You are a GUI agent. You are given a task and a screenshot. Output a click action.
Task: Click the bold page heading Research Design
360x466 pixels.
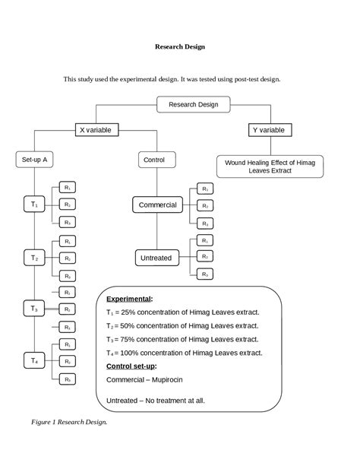pyautogui.click(x=179, y=46)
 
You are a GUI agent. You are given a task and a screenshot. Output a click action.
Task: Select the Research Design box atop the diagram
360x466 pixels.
pyautogui.click(x=193, y=104)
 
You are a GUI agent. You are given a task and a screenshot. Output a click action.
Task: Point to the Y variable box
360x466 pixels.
pyautogui.click(x=269, y=130)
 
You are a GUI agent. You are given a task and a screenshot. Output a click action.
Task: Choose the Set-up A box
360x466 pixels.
pyautogui.click(x=35, y=160)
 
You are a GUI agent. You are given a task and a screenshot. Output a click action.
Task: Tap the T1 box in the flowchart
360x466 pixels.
pyautogui.click(x=35, y=204)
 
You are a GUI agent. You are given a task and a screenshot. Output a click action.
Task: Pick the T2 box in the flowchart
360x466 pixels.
pyautogui.click(x=35, y=258)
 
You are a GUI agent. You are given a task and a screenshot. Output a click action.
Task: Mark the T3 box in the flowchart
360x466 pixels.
pyautogui.click(x=35, y=309)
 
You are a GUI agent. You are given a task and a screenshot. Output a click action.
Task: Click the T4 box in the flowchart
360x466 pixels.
pyautogui.click(x=35, y=360)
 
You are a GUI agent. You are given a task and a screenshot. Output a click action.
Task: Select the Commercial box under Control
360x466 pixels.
pyautogui.click(x=157, y=204)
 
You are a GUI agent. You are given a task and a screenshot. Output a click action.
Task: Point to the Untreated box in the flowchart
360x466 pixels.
pyautogui.click(x=156, y=258)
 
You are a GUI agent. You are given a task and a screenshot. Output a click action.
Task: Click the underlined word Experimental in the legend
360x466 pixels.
pyautogui.click(x=129, y=299)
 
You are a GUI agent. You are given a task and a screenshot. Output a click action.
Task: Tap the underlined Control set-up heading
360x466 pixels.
pyautogui.click(x=137, y=366)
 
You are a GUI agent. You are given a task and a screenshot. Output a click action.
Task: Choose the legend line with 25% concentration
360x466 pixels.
pyautogui.click(x=182, y=312)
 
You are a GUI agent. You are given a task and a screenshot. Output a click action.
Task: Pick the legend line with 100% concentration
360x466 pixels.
pyautogui.click(x=185, y=353)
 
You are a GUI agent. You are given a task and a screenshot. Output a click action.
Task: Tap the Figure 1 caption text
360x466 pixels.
pyautogui.click(x=69, y=421)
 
